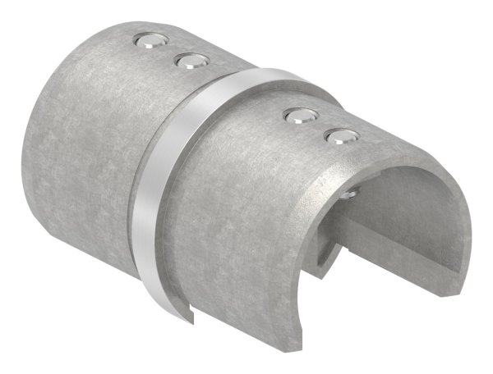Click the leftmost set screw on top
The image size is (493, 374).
click(149, 41)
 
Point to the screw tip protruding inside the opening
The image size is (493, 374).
click(351, 194)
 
